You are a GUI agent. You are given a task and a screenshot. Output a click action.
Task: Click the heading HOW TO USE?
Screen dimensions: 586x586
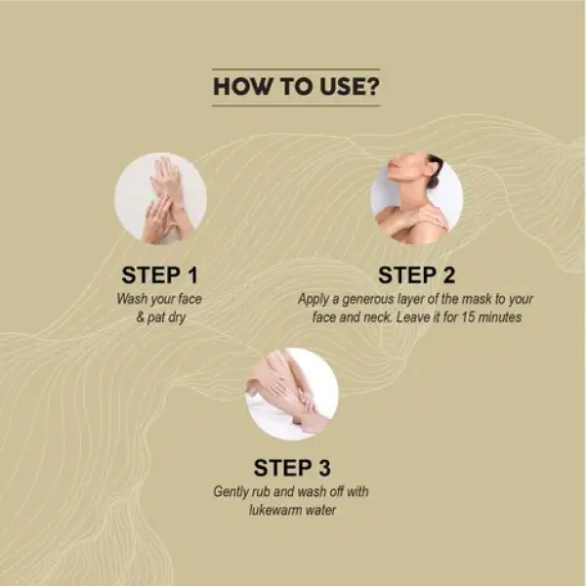295,86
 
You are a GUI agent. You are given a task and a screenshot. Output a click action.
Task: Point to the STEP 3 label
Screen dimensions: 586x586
292,467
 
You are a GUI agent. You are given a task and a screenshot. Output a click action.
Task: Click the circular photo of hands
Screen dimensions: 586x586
160,198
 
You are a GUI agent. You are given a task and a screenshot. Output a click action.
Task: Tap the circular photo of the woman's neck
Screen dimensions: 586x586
417,198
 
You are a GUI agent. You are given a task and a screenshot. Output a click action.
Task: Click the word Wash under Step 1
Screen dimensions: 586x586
134,298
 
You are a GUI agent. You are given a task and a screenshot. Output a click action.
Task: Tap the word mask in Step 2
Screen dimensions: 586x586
484,298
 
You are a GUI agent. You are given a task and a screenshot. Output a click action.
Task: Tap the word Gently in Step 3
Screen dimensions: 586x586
233,490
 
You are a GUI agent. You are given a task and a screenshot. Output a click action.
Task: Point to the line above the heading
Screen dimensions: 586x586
295,68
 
